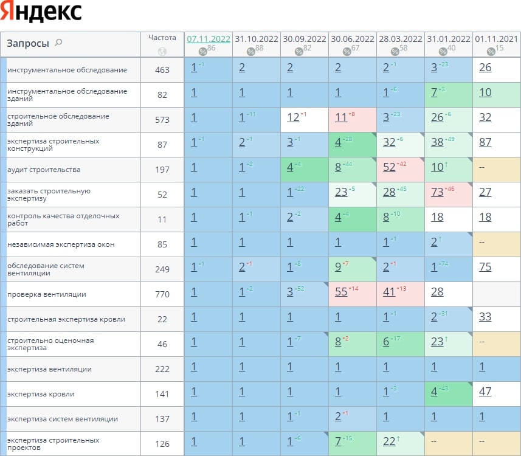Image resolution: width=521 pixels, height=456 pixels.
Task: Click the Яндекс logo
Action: pos(41,12)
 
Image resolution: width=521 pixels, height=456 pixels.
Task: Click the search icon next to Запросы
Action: pos(58,43)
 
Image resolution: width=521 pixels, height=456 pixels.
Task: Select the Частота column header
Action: pos(162,38)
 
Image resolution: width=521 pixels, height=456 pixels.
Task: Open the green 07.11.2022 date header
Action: pos(209,39)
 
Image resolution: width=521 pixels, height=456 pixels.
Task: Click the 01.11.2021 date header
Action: pos(496,39)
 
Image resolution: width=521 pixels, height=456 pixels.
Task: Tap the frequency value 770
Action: pos(162,294)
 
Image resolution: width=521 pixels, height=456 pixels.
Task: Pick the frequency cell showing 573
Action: pos(162,120)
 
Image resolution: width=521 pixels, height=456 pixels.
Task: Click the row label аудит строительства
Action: pos(44,170)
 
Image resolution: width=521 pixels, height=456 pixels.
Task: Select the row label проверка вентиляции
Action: pos(47,294)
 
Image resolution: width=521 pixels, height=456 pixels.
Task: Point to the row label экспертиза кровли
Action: pos(41,394)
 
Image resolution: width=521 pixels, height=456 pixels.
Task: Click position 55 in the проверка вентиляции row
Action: pos(341,292)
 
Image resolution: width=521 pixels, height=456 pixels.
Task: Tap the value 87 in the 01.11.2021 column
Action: pos(485,142)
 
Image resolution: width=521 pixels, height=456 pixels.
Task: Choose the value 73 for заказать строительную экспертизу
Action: pos(437,192)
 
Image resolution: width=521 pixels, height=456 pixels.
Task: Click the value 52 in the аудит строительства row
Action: pos(389,167)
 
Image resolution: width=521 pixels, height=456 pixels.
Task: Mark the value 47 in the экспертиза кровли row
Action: pos(485,391)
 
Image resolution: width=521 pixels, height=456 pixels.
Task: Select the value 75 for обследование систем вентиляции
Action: pos(485,266)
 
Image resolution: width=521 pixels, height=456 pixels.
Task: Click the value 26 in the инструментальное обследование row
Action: pos(485,67)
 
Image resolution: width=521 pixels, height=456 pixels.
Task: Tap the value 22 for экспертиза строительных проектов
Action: pos(389,441)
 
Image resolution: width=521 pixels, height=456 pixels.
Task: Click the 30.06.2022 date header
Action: pos(353,39)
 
